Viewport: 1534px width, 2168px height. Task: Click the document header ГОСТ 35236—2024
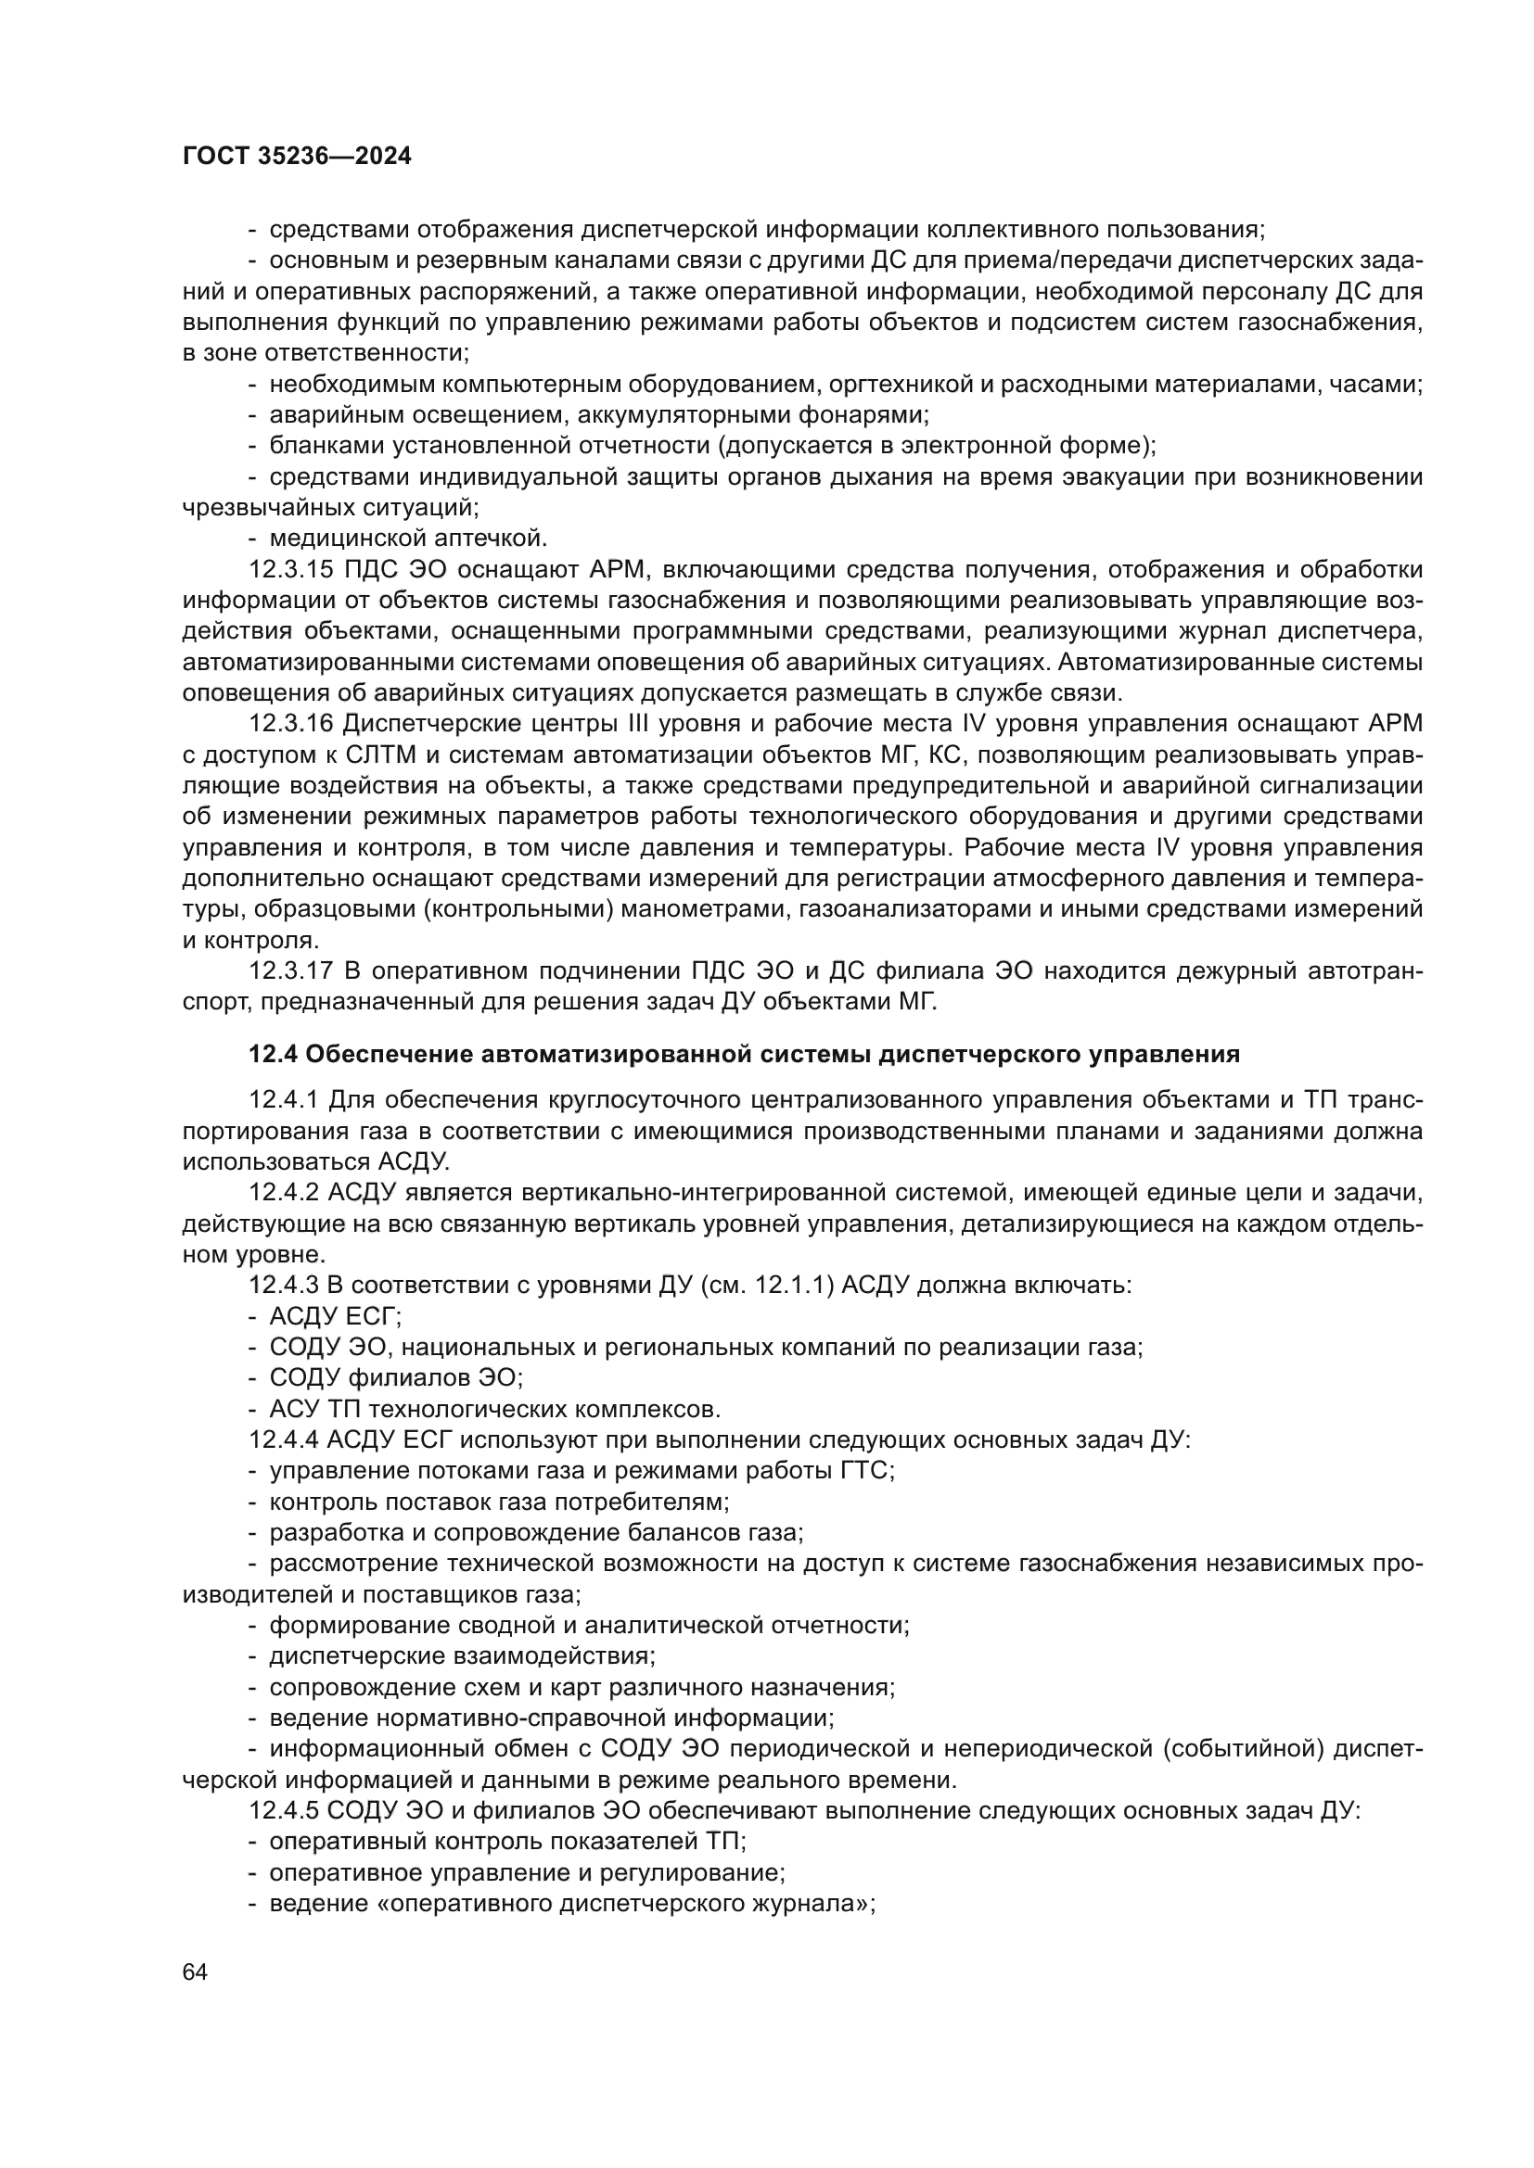pyautogui.click(x=297, y=157)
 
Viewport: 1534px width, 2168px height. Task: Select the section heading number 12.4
pyautogui.click(x=272, y=1053)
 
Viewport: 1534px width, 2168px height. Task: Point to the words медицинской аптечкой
pyautogui.click(x=408, y=539)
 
